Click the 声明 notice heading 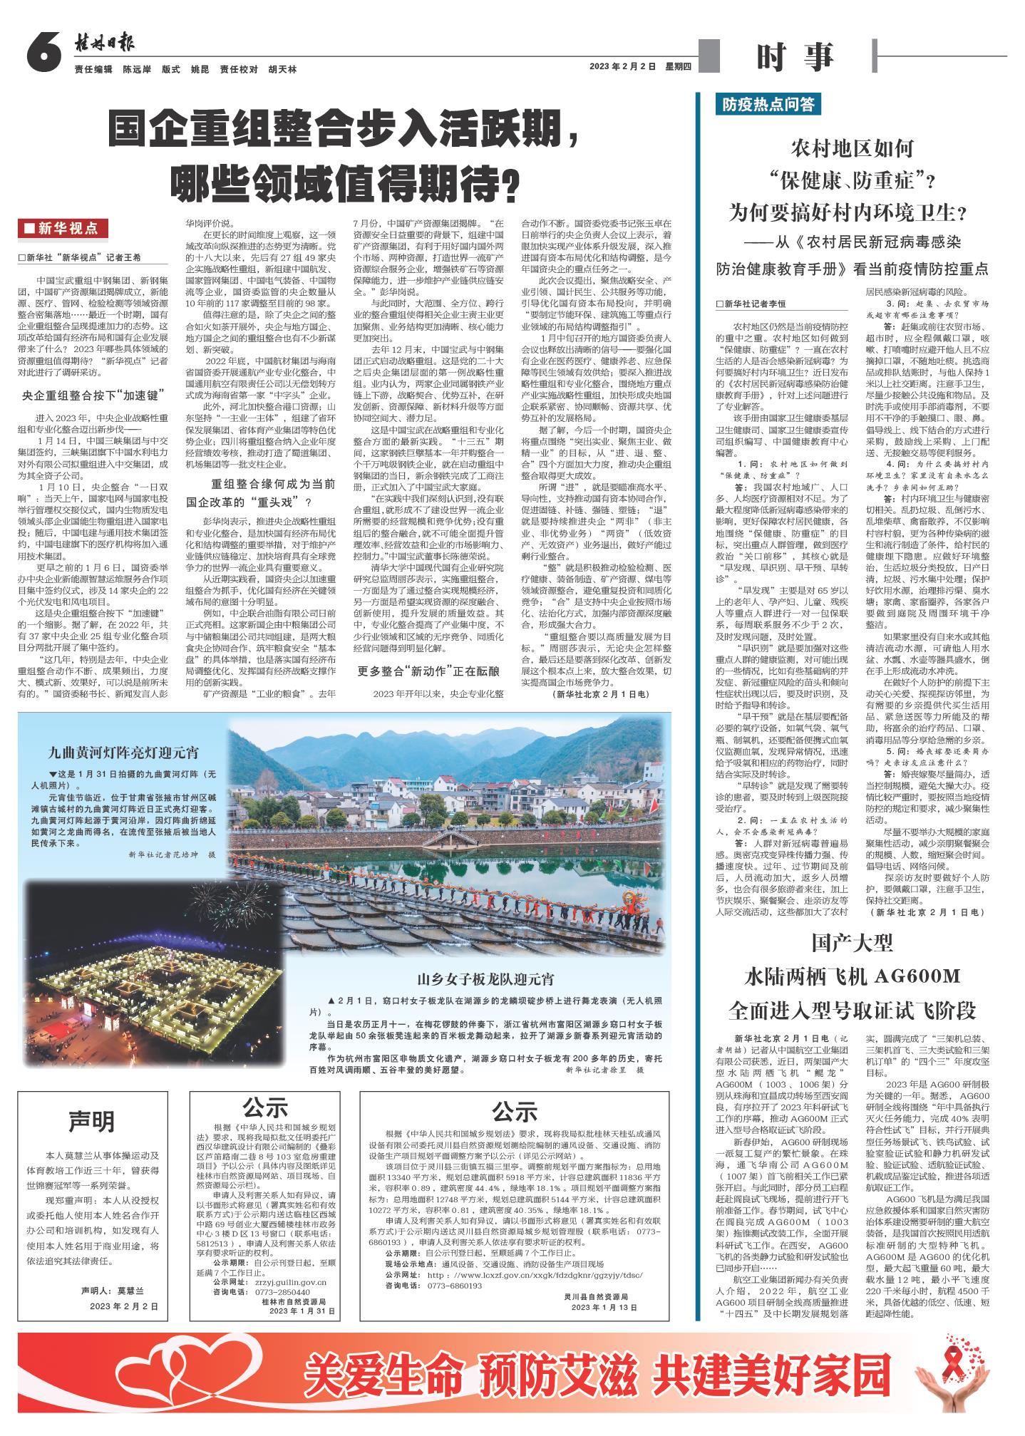pos(92,1121)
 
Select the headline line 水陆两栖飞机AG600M pos(853,975)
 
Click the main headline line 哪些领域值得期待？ pos(342,185)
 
